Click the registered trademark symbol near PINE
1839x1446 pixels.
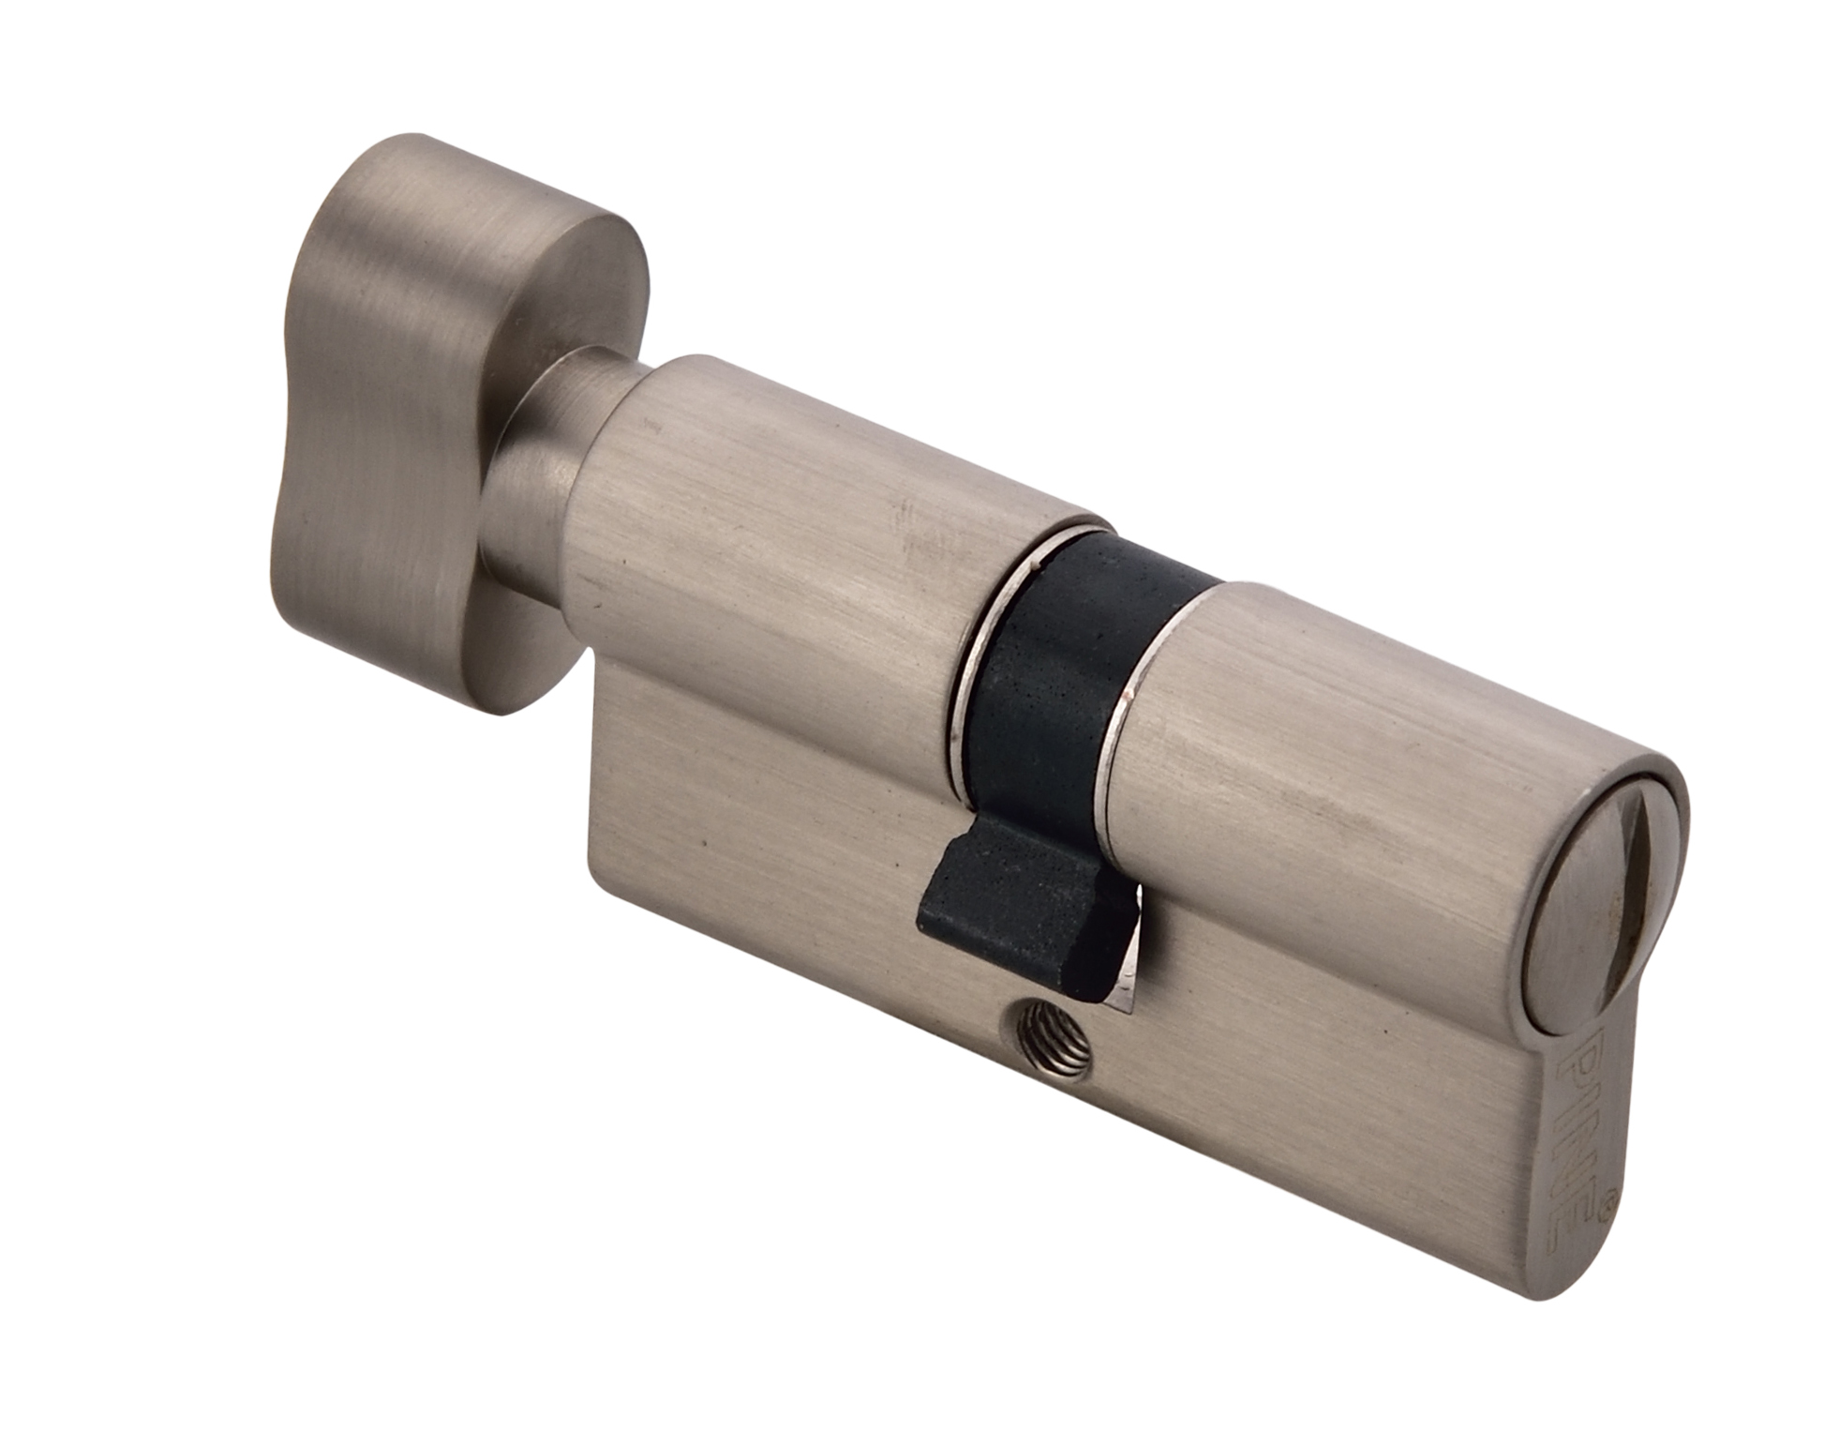pos(1607,1197)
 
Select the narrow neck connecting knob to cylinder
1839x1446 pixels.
pos(534,469)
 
